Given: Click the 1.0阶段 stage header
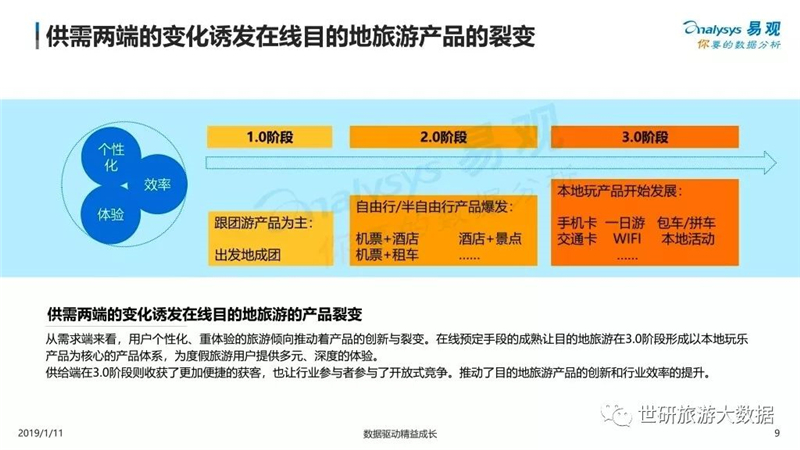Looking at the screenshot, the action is point(269,137).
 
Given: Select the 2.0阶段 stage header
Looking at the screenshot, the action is point(443,137).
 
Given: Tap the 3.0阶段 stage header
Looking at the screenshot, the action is point(644,137).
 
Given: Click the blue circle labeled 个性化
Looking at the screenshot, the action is point(111,157).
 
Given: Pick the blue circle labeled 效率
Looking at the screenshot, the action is point(157,184).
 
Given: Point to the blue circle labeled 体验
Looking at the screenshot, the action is point(111,214).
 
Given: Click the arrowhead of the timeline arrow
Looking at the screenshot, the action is point(770,163).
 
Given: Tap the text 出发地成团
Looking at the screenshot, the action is point(247,255).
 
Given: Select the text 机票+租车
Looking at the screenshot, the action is point(387,255).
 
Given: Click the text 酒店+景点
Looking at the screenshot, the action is point(490,238).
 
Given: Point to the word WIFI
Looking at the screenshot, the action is point(627,238).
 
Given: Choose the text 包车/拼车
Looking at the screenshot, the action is point(686,222).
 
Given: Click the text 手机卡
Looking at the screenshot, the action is point(577,222).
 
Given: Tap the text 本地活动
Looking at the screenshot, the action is point(688,238).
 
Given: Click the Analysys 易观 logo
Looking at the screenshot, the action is point(732,35).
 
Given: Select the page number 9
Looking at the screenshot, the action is point(777,433).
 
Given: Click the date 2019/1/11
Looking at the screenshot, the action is point(40,433).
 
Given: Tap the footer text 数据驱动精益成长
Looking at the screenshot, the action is point(400,434).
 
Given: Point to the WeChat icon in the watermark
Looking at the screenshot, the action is point(616,415).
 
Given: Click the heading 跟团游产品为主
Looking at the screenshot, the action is point(263,223).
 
